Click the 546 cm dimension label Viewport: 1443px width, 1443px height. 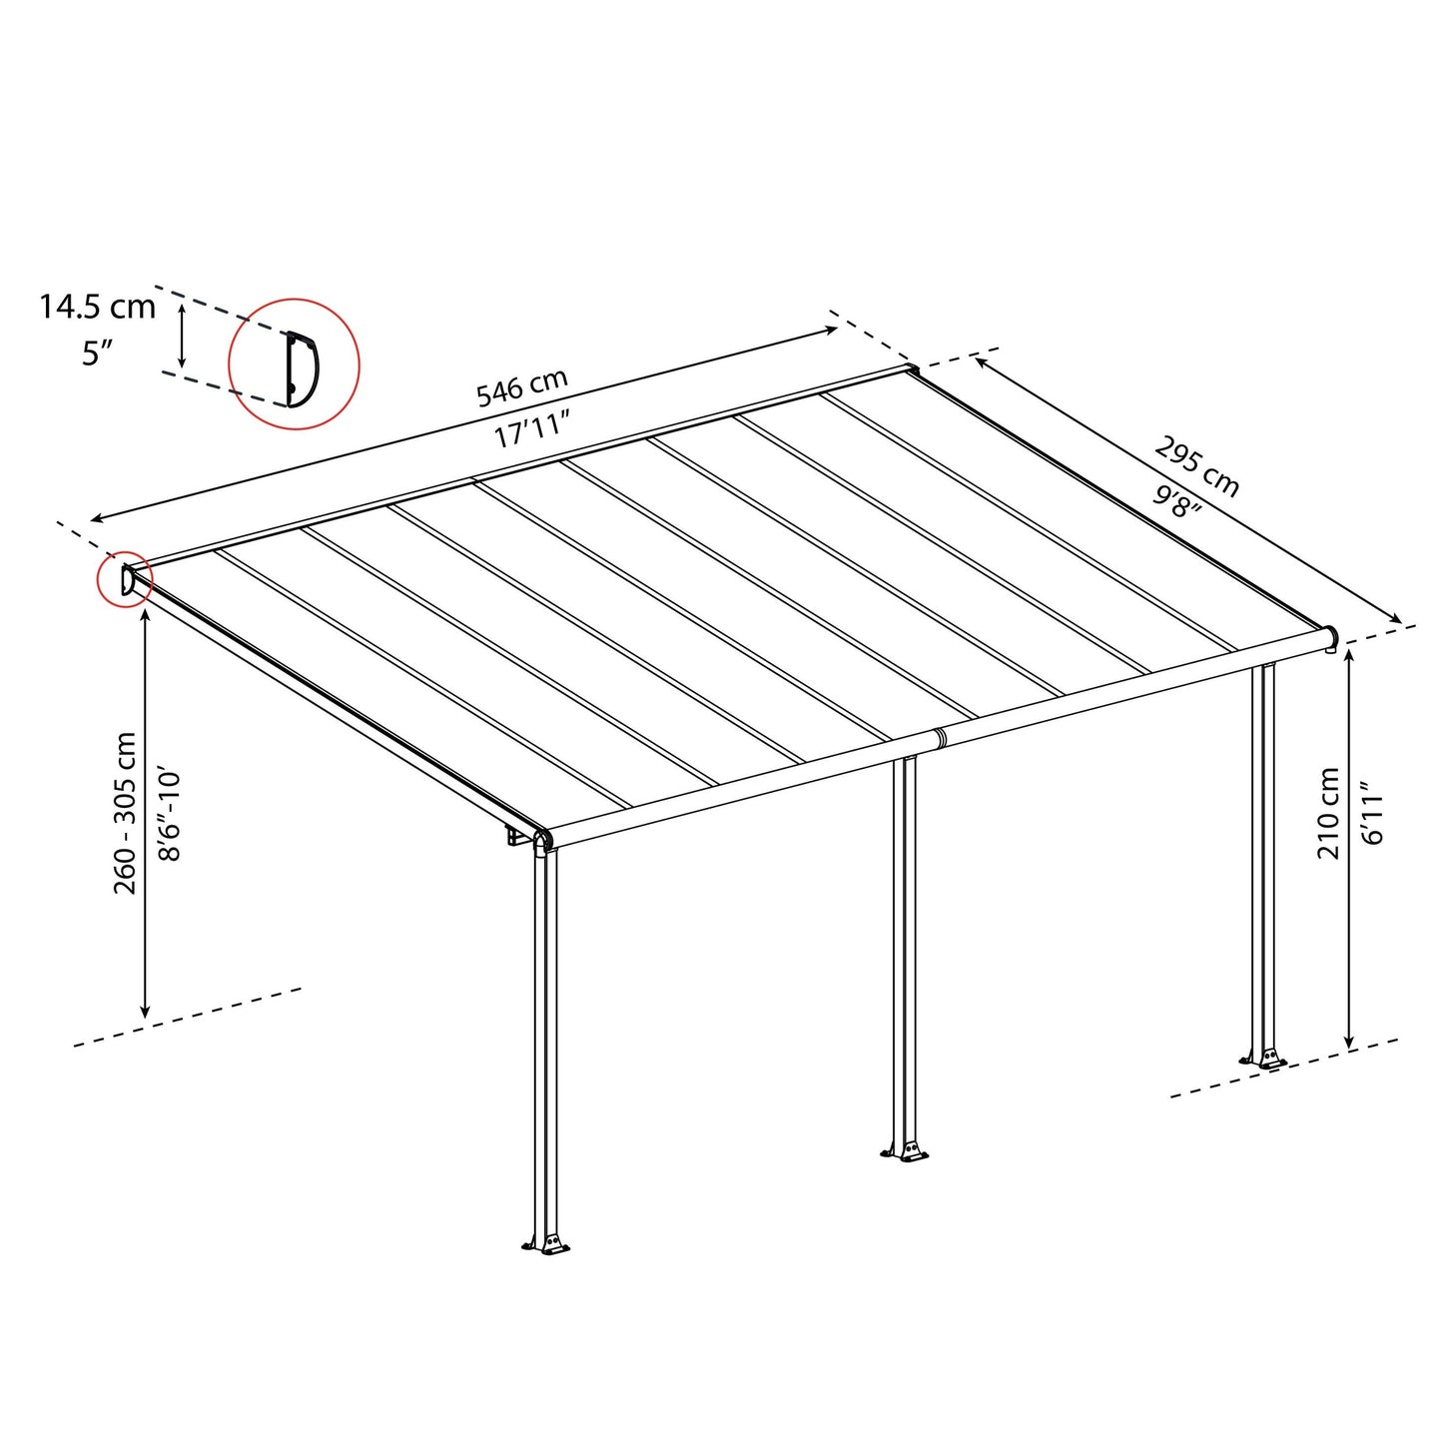[521, 387]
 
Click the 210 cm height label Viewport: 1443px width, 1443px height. [1327, 813]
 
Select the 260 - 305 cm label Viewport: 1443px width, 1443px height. [126, 813]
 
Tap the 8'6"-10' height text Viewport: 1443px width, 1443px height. [170, 815]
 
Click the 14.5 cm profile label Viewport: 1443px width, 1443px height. [97, 307]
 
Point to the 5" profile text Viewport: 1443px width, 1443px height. [97, 353]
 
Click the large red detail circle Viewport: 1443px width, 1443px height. [295, 363]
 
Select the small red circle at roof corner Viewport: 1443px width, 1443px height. [125, 580]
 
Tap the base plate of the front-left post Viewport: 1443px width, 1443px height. [545, 1243]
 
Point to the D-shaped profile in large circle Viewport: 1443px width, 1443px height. [302, 368]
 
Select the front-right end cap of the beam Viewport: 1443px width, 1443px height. [1330, 636]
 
